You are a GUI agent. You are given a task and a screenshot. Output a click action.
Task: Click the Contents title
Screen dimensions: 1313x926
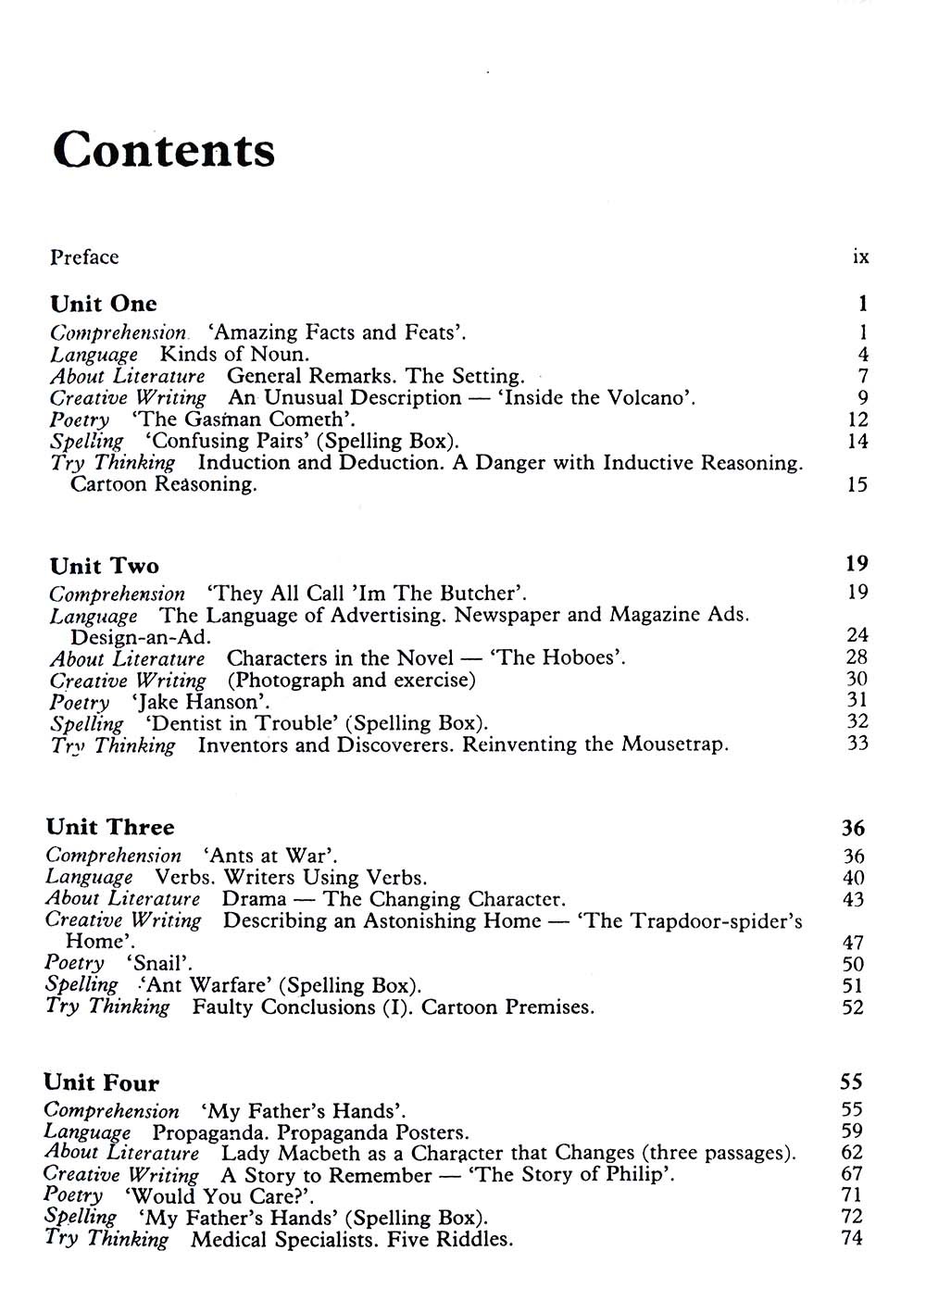pos(164,149)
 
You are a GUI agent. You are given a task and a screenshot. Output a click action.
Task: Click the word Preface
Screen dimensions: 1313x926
pos(84,257)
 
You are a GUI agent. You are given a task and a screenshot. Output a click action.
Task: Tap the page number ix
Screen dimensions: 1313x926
pos(860,256)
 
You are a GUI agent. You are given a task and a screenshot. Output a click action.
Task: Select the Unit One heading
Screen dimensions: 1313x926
pos(104,304)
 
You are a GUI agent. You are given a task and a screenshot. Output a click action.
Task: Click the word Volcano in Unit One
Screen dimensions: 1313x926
pos(645,397)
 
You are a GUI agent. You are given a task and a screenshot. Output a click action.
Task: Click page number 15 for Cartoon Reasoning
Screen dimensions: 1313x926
pos(857,483)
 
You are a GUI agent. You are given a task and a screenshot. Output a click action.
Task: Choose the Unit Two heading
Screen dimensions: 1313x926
pos(105,566)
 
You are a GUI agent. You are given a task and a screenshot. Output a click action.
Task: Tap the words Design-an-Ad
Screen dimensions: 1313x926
pos(141,637)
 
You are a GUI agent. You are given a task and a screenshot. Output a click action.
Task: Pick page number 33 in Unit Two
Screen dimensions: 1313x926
pos(857,743)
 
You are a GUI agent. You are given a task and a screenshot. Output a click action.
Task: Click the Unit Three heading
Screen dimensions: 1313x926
pos(110,827)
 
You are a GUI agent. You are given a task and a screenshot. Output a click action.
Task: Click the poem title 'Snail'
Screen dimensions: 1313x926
pos(158,964)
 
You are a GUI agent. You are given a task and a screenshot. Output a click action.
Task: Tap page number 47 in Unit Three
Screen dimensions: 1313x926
pos(853,943)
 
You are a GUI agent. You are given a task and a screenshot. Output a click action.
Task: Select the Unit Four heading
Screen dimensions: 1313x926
pos(102,1082)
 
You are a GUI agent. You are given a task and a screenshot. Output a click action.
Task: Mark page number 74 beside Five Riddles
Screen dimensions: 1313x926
pos(852,1238)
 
